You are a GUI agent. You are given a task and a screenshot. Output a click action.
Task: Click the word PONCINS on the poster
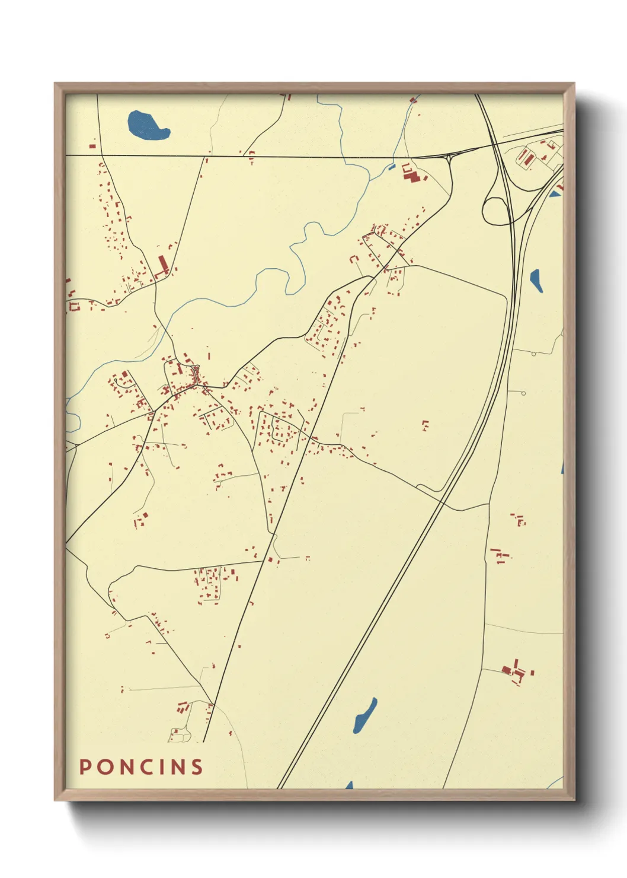click(x=141, y=766)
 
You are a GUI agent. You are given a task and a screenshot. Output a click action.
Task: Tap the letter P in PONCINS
click(x=85, y=766)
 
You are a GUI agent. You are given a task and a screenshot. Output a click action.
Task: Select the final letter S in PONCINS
click(x=197, y=766)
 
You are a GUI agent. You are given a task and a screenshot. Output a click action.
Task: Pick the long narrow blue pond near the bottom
click(x=364, y=715)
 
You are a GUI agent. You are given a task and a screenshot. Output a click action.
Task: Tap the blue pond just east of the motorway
click(x=536, y=279)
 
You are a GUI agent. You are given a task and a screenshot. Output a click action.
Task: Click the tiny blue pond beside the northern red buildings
click(x=391, y=167)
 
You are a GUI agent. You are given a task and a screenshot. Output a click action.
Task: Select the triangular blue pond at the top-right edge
click(x=555, y=193)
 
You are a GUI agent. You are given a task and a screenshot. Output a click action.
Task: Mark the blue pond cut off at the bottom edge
click(x=348, y=785)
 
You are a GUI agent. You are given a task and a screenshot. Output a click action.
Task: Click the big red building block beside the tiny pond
click(x=410, y=173)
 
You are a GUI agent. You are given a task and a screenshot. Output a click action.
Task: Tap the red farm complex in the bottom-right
click(x=514, y=672)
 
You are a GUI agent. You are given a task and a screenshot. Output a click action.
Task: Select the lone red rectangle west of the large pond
click(x=92, y=145)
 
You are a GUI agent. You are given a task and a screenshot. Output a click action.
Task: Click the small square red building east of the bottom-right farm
click(x=532, y=673)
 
